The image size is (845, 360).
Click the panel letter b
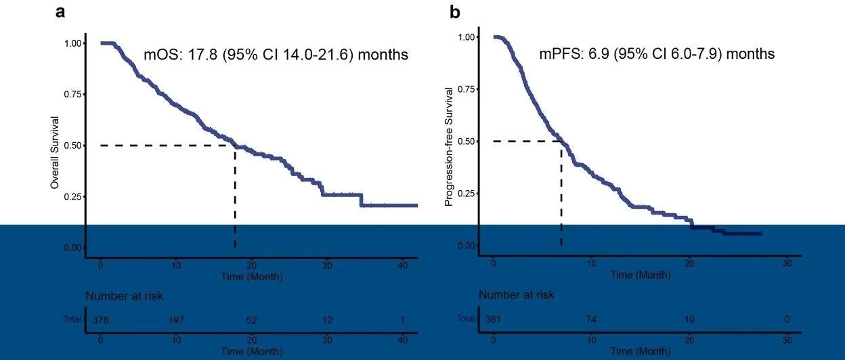coord(454,12)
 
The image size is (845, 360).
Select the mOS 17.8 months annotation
coord(276,54)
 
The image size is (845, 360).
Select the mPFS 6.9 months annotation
coord(657,53)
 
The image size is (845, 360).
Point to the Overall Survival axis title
coord(55,152)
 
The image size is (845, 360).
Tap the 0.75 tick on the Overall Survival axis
coord(72,94)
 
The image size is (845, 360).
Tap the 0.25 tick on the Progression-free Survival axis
coord(467,194)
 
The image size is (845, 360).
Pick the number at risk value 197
coord(175,319)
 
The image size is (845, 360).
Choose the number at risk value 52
coord(251,319)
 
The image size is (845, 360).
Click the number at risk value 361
coord(494,319)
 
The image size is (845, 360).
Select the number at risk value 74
coord(592,319)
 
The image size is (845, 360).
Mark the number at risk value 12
coord(326,319)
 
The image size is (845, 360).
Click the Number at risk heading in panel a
coord(124,296)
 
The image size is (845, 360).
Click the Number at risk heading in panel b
coord(517,295)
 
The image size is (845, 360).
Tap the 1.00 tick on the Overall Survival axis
coord(72,43)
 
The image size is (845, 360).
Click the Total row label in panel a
coord(71,319)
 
